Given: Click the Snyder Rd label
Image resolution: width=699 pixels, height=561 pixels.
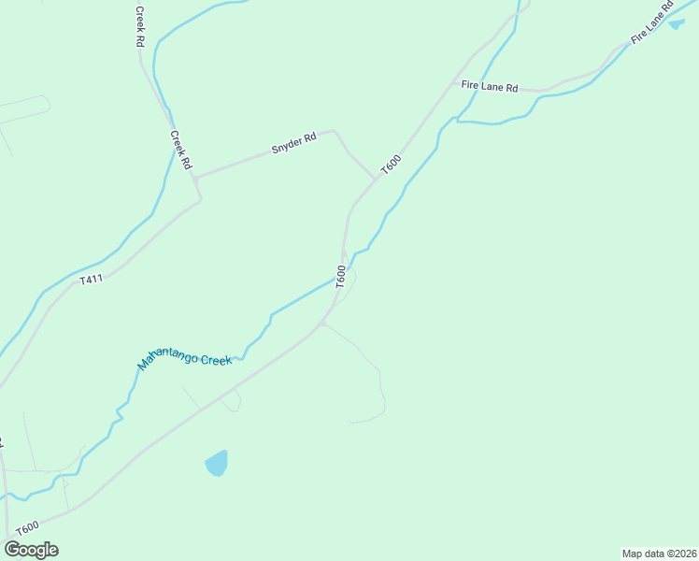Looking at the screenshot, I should click(293, 143).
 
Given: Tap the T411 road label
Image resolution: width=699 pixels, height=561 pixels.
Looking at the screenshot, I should click(91, 279).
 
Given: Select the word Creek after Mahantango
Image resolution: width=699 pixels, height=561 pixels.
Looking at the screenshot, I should click(214, 358).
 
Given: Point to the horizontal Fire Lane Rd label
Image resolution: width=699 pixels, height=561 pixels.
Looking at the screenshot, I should click(490, 86).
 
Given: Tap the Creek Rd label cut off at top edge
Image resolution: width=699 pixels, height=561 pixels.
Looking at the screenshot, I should click(139, 26).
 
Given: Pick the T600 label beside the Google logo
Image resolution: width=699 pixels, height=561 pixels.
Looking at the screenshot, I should click(27, 527).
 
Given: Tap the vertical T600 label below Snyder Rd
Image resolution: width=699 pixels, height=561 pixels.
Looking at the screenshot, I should click(341, 276).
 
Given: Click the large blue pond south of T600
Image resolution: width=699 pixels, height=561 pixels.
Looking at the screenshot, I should click(217, 463).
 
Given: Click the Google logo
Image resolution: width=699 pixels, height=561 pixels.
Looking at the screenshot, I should click(32, 549).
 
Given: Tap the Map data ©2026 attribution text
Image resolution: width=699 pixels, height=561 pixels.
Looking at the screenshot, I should click(659, 554).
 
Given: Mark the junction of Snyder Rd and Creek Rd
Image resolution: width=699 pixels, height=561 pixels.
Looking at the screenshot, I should click(195, 177).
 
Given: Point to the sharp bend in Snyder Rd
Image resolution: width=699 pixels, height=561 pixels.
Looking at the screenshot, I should click(335, 132).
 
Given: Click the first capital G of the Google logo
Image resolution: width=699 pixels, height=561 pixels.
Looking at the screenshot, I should click(12, 549).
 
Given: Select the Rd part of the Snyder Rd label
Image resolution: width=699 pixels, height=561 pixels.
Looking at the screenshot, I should click(309, 138).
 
